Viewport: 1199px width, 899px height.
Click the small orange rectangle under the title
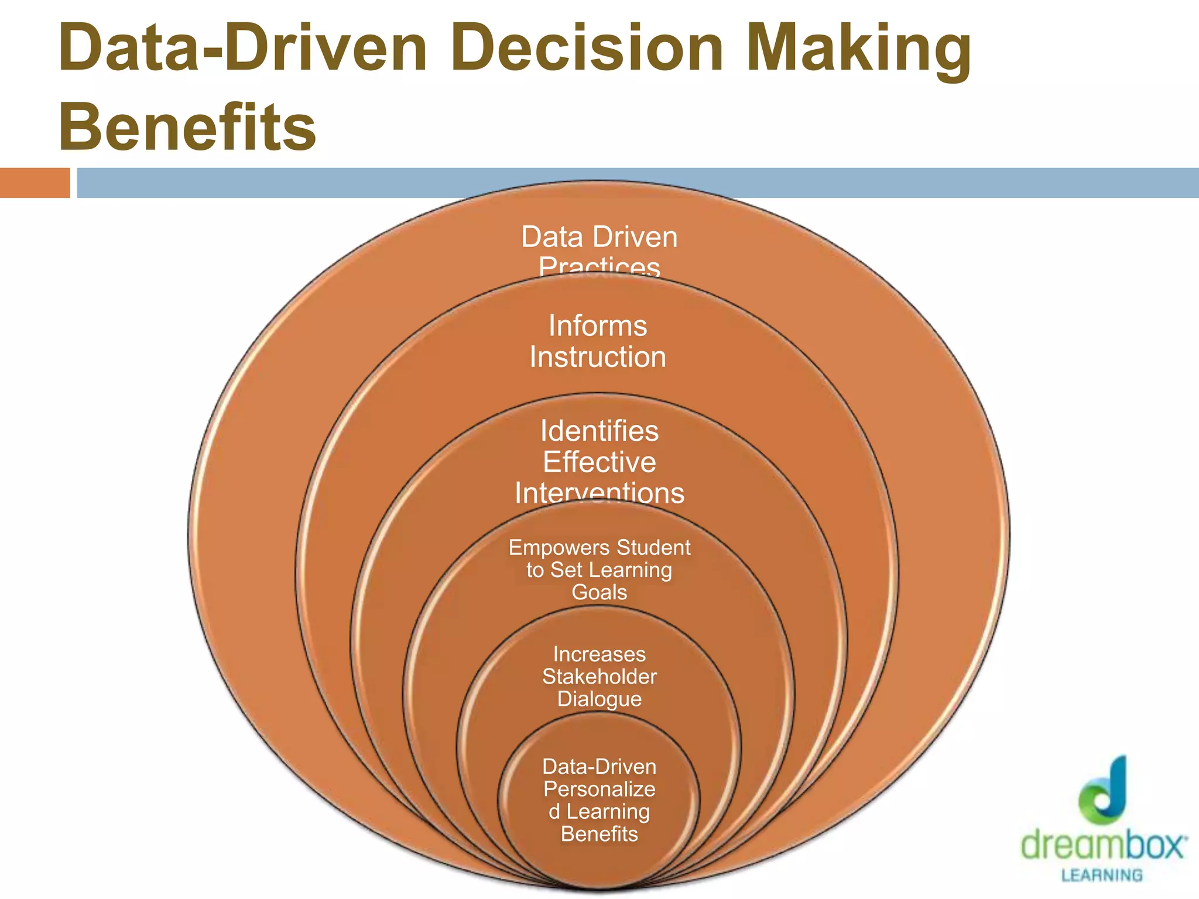pyautogui.click(x=35, y=183)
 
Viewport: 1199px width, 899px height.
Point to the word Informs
pyautogui.click(x=598, y=326)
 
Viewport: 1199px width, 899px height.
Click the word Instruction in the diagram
pyautogui.click(x=598, y=357)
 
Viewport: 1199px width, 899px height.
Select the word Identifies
pyautogui.click(x=599, y=431)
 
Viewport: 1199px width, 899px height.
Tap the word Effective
pyautogui.click(x=599, y=462)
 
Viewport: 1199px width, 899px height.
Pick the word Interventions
pyautogui.click(x=599, y=493)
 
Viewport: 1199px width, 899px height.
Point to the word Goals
pyautogui.click(x=599, y=592)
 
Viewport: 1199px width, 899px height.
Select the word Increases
pyautogui.click(x=599, y=654)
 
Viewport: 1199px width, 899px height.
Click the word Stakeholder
pyautogui.click(x=599, y=677)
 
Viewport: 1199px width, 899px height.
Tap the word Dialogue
pyautogui.click(x=599, y=699)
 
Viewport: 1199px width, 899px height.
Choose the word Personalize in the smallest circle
pyautogui.click(x=599, y=789)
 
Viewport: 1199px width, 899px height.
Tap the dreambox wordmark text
pyautogui.click(x=1104, y=845)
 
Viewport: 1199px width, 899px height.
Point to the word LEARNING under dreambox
pyautogui.click(x=1102, y=876)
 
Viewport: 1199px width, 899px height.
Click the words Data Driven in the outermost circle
pyautogui.click(x=599, y=238)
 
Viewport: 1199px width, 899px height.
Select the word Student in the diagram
pyautogui.click(x=653, y=548)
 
